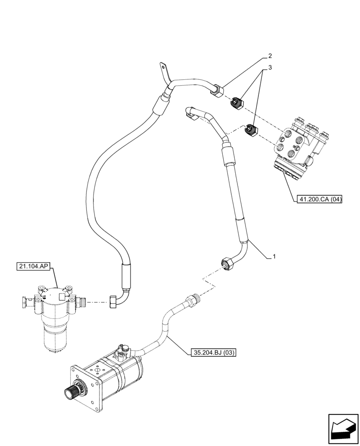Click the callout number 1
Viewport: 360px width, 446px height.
tap(274, 257)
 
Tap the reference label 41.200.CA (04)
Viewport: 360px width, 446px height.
tap(319, 199)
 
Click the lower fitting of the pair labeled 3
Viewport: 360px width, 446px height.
tap(250, 131)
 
